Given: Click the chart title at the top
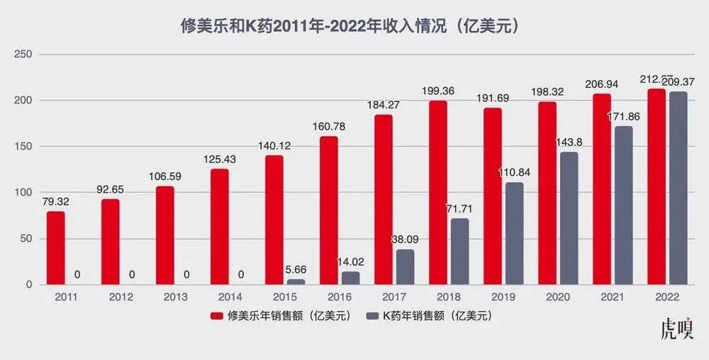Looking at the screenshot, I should pos(354,26).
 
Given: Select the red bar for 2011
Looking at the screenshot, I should pos(56,248).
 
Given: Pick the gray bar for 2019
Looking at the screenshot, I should pos(515,233).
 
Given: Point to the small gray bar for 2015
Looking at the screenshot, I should pos(296,281).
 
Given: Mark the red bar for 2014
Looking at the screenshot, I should pos(220,227).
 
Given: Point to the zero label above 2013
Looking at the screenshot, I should pos(186,274).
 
